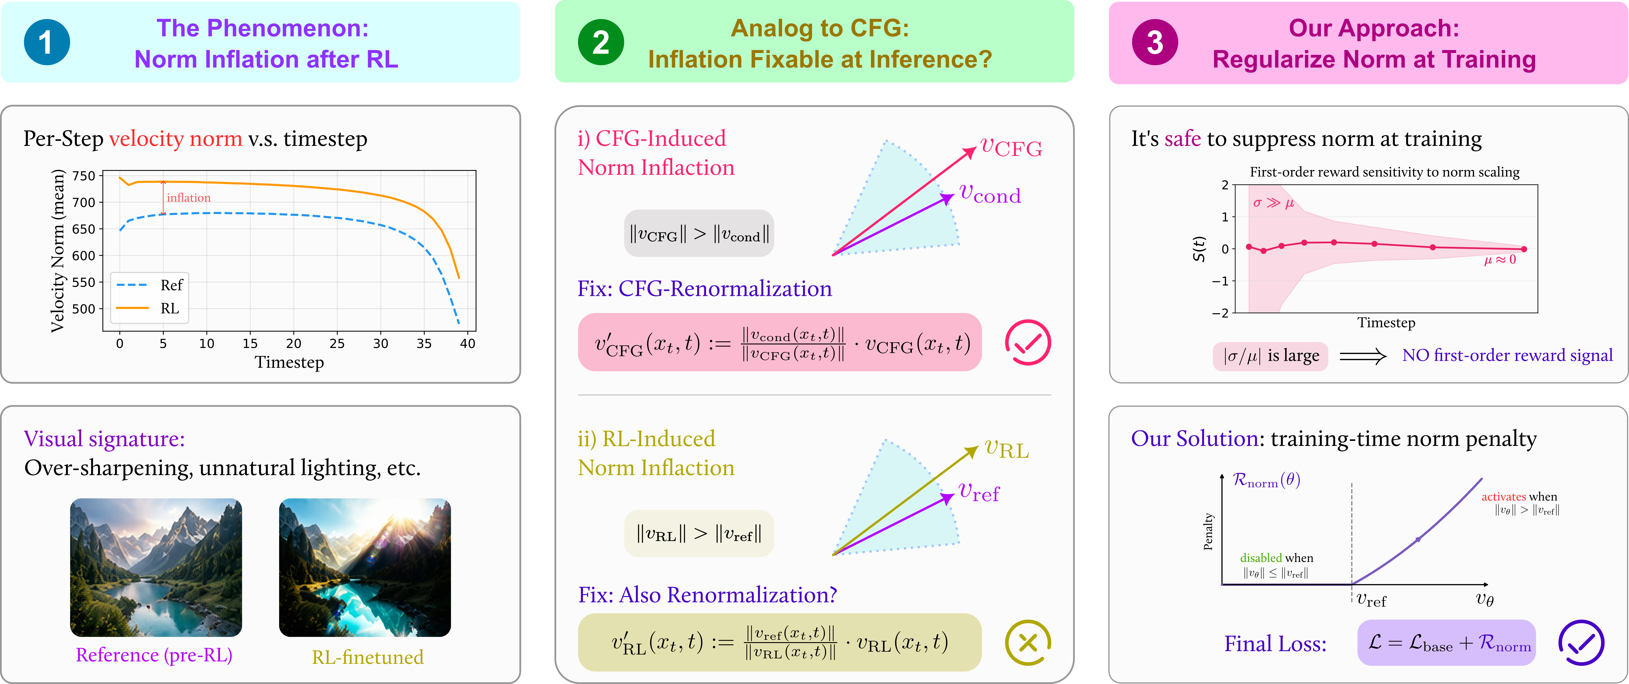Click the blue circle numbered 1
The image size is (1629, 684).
47,42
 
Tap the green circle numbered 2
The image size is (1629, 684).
601,42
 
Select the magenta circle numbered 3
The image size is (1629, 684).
1155,42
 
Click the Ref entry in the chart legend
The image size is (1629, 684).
151,285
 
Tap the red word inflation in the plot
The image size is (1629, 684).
188,198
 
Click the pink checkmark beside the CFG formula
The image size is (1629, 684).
1028,342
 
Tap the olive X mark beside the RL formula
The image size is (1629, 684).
1028,642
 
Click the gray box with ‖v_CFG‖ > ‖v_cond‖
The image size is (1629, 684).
699,234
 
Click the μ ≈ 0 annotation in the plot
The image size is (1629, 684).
1500,259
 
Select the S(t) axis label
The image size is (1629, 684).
1198,249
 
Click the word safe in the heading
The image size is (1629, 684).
1183,138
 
